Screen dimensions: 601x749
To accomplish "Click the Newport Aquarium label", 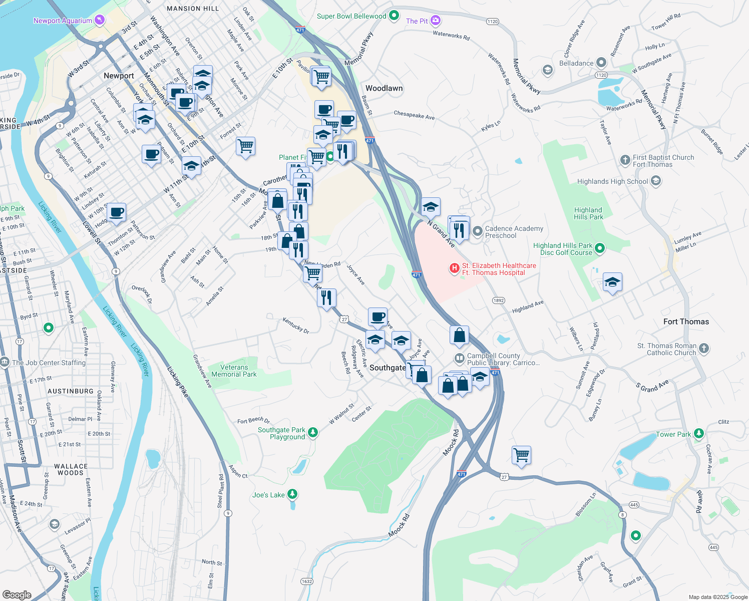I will tap(63, 21).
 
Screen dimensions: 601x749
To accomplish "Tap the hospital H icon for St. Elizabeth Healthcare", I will tap(454, 269).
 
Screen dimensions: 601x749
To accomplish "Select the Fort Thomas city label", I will tap(686, 322).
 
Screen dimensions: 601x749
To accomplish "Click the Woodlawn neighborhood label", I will tap(384, 88).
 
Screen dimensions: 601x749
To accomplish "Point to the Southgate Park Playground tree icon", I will tap(313, 432).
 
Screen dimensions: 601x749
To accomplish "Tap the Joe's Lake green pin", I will tap(292, 495).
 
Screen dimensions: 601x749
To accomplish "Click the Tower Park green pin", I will tap(699, 434).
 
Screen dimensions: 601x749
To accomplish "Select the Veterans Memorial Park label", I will tap(234, 371).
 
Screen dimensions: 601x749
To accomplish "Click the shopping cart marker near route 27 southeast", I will tap(521, 455).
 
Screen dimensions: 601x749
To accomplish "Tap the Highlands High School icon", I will tap(656, 181).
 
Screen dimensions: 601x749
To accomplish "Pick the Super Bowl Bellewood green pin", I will tap(394, 16).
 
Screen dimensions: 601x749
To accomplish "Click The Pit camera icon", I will tap(436, 21).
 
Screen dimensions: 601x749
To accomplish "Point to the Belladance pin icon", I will tap(601, 63).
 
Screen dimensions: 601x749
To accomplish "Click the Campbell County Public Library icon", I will tap(459, 359).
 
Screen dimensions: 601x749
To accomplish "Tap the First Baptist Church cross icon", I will tap(625, 160).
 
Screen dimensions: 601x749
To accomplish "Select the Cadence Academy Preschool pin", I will tap(478, 232).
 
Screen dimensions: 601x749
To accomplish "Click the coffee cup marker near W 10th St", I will tap(116, 212).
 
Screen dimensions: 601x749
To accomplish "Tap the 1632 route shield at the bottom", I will tap(307, 581).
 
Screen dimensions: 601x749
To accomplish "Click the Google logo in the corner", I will tap(17, 594).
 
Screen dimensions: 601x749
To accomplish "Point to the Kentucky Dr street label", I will tap(296, 325).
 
